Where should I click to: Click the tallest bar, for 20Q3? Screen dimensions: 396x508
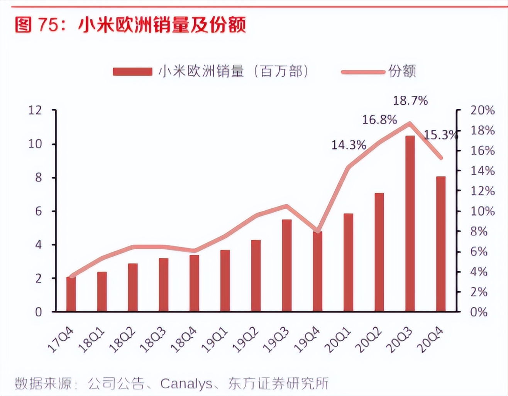pos(410,224)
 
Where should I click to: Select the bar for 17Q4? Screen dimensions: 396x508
pos(71,294)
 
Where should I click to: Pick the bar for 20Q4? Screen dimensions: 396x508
pos(441,244)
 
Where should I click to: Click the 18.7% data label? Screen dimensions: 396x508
pos(410,101)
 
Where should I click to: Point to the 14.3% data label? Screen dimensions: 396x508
pos(349,145)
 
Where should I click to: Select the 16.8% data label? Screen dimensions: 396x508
pos(379,120)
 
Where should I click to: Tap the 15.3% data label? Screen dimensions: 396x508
pos(440,135)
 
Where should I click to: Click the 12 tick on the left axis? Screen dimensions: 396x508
pos(35,110)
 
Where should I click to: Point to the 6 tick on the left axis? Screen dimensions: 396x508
pos(38,211)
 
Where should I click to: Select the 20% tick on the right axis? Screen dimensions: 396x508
pos(482,110)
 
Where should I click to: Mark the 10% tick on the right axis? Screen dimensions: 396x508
pos(482,211)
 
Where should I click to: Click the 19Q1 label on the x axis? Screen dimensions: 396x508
pos(216,340)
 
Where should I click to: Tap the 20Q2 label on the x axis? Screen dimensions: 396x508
pos(369,340)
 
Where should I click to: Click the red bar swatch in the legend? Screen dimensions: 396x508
pos(132,72)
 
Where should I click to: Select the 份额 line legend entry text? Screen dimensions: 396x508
pos(402,71)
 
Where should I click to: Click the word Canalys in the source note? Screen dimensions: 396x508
pos(186,384)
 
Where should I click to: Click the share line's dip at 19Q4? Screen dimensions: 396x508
pos(318,231)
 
